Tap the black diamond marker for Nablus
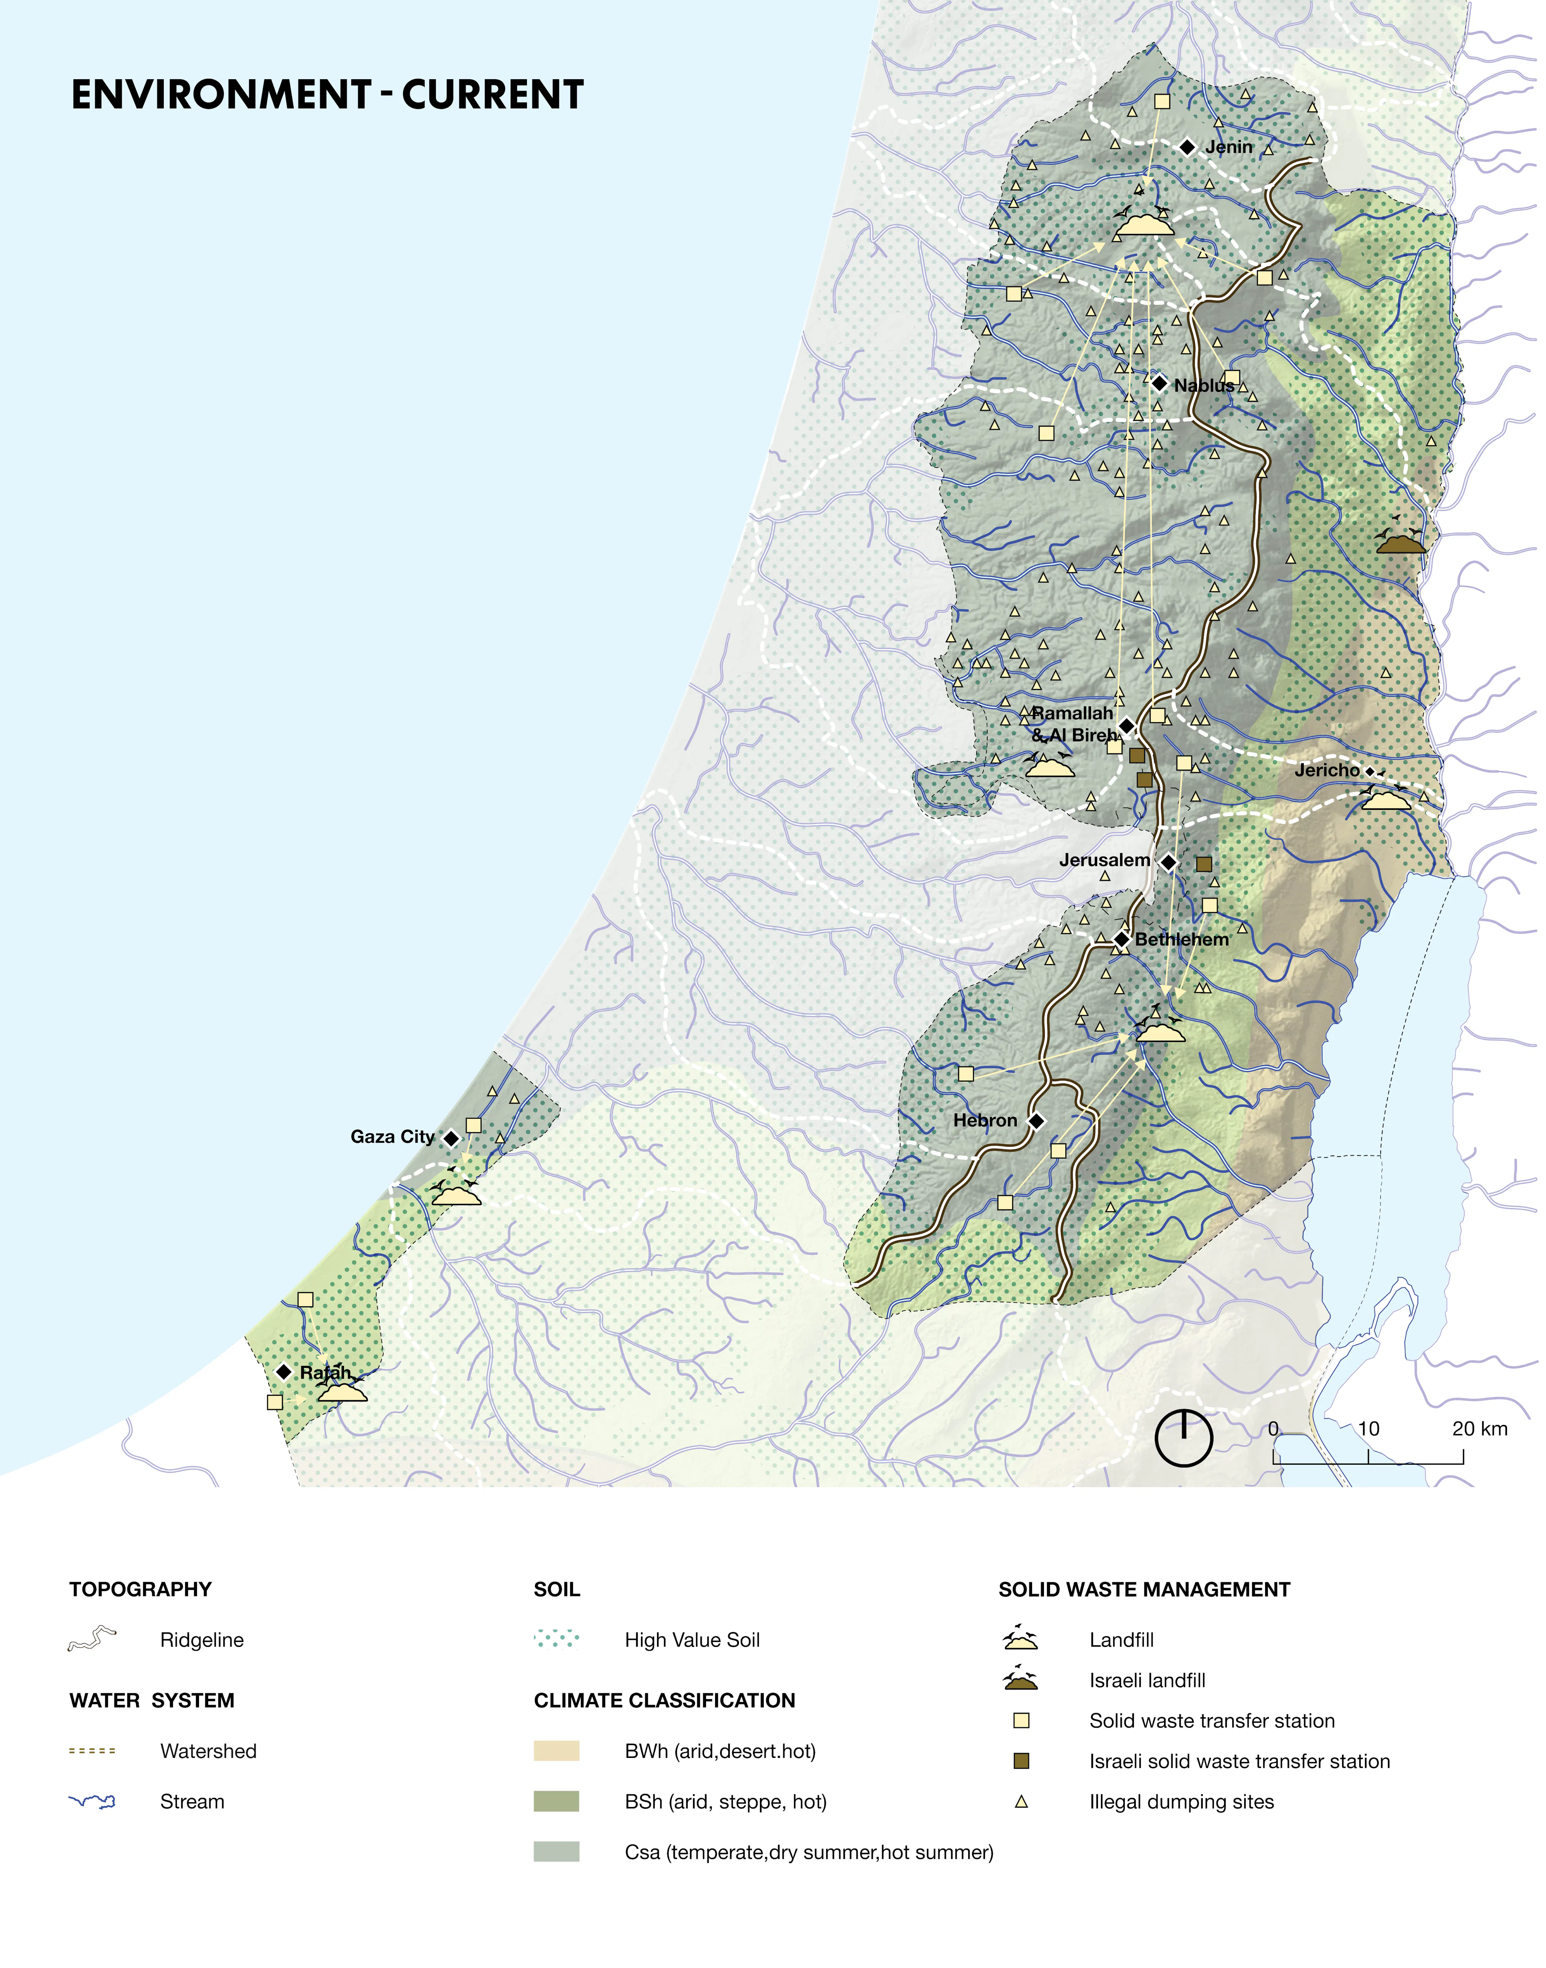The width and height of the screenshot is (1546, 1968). [1159, 384]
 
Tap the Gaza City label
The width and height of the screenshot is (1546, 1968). [392, 1137]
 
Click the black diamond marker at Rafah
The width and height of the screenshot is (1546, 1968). [283, 1372]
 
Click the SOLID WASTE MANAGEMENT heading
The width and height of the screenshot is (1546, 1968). [1144, 1589]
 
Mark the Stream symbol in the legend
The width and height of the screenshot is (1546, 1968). [92, 1802]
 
